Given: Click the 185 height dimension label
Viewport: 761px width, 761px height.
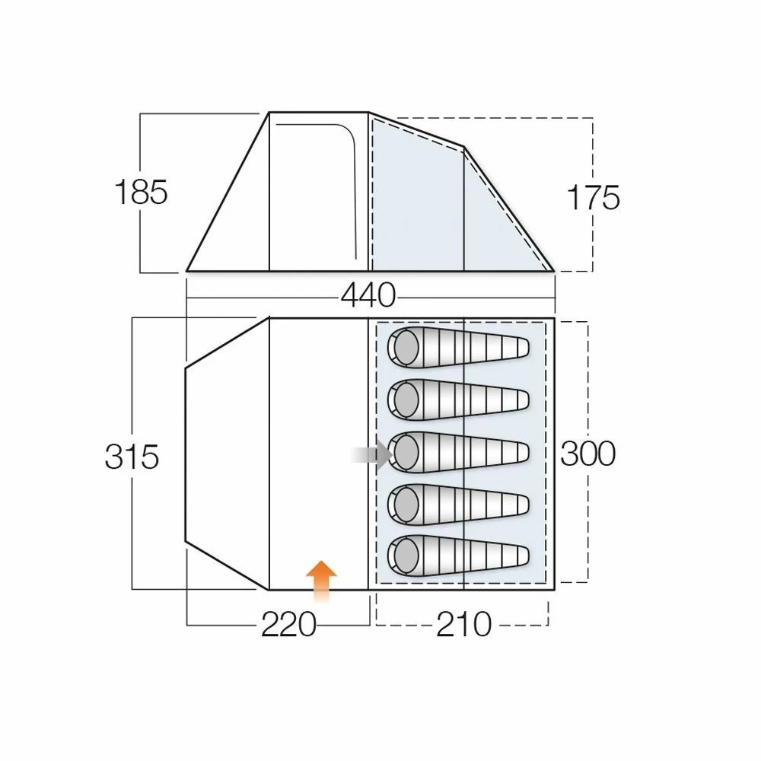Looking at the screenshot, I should point(140,193).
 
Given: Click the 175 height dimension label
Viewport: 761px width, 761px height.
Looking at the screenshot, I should point(593,198).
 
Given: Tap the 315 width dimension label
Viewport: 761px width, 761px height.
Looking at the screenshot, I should point(132,457).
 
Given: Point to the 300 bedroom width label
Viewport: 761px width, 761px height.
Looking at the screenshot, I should point(587,454).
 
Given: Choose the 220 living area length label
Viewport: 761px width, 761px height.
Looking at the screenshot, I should point(288,625).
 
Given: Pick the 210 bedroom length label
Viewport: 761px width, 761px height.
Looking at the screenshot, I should point(463,625).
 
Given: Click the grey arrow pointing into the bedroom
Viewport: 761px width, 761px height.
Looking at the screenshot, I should point(372,455).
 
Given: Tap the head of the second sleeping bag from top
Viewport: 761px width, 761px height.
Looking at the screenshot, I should point(405,398).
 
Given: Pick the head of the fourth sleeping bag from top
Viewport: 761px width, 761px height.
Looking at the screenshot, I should point(405,502).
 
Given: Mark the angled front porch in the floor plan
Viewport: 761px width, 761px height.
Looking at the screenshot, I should point(227,454).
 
